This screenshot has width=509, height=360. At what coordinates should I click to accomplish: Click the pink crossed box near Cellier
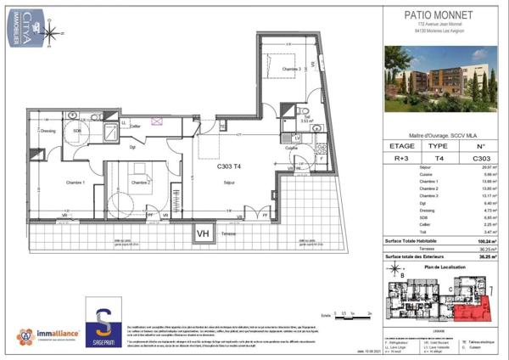(x=156, y=121)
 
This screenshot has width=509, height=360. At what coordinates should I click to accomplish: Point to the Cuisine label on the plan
(x=291, y=148)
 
